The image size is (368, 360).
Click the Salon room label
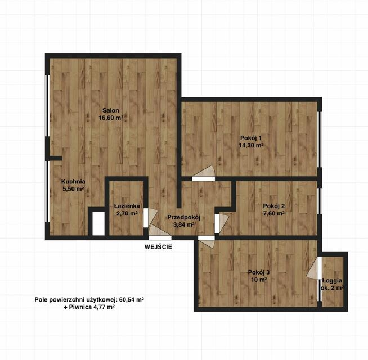[111, 110]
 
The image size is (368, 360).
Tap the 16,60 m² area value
[111, 118]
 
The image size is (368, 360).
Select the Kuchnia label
[73, 182]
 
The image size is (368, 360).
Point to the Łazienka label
[127, 206]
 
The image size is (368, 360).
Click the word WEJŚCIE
[158, 247]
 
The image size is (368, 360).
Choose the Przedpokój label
[184, 218]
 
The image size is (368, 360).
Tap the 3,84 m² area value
[184, 225]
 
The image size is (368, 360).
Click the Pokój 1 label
[250, 137]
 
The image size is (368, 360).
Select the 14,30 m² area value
[250, 145]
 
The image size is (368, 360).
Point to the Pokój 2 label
[274, 206]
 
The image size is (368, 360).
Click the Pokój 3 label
[259, 272]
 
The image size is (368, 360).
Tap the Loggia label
[332, 281]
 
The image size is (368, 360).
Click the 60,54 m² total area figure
[132, 299]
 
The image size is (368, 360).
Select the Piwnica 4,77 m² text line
[89, 307]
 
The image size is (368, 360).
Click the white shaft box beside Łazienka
[98, 223]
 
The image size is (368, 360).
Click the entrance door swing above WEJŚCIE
[159, 231]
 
